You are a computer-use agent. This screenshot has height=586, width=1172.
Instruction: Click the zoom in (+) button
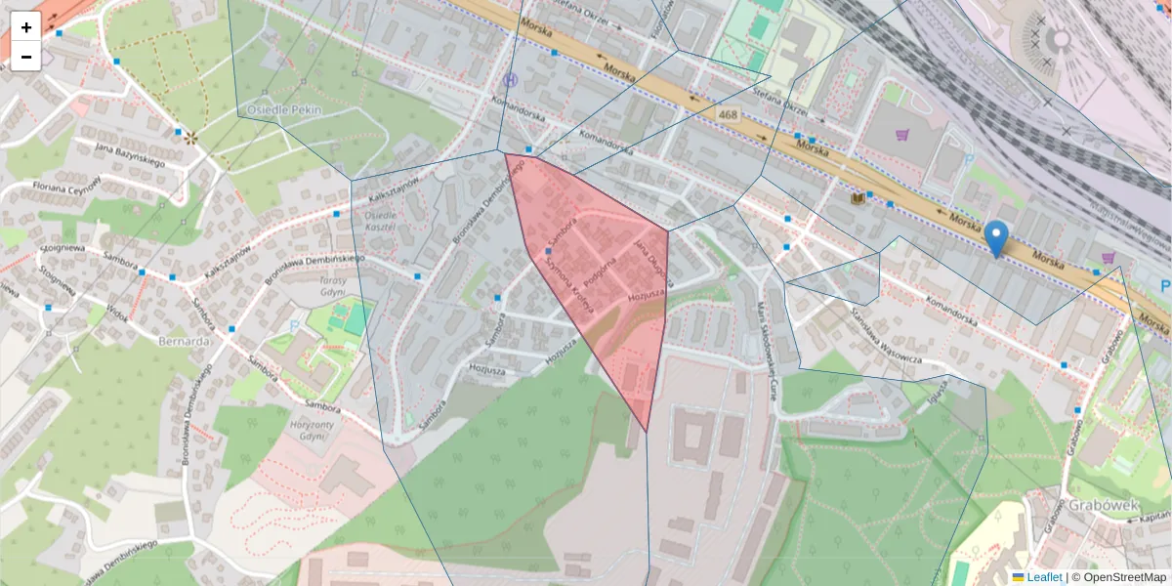click(x=26, y=27)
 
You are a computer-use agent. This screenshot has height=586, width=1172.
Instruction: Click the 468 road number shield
click(x=729, y=115)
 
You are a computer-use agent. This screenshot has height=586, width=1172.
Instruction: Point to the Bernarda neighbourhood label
click(x=185, y=342)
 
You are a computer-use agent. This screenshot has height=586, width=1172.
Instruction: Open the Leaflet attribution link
click(x=1043, y=577)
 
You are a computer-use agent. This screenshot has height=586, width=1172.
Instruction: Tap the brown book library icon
click(x=858, y=198)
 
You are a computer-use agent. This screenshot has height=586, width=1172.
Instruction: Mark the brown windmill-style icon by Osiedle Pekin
click(x=191, y=139)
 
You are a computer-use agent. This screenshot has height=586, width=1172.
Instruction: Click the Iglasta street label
click(x=939, y=397)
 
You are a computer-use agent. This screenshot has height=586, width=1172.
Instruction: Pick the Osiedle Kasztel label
click(x=380, y=221)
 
